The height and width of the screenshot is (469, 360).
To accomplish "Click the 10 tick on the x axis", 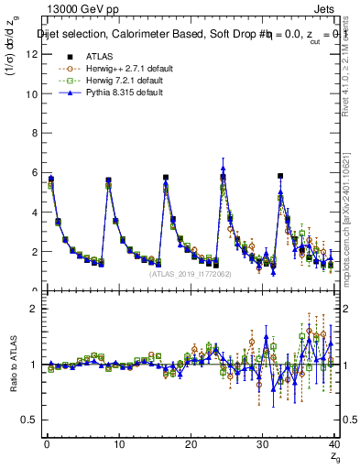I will (x=117, y=444).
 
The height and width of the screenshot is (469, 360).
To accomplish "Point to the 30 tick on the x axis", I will (x=262, y=444).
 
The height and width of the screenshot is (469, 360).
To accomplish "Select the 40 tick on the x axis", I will (x=333, y=444).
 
